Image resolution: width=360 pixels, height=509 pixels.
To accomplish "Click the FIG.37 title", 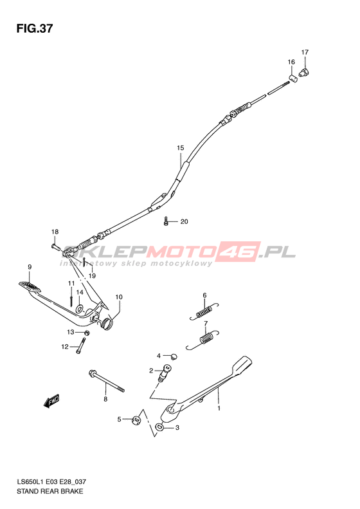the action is click(x=34, y=28).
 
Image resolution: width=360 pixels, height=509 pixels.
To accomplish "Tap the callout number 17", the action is click(x=305, y=52).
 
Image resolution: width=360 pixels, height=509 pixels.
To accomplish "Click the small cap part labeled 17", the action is click(x=304, y=72).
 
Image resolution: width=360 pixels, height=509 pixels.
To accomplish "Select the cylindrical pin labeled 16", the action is click(x=293, y=79).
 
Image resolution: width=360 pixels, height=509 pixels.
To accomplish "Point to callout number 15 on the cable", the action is click(x=181, y=148).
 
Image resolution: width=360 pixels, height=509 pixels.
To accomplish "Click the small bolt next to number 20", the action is click(x=166, y=221).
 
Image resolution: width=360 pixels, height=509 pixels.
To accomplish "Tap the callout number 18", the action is click(x=55, y=232).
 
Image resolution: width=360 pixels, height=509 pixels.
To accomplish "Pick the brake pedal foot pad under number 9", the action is click(x=30, y=286).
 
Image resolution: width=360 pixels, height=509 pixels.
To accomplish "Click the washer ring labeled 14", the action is click(x=80, y=309).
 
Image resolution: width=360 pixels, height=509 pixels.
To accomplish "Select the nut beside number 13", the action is click(x=87, y=333).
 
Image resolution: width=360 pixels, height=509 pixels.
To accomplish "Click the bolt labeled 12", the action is click(x=81, y=346).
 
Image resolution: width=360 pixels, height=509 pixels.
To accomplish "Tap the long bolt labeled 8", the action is click(x=105, y=382).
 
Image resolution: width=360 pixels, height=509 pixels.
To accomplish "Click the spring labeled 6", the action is click(x=204, y=311).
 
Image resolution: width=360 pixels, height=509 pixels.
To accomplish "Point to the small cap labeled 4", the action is click(x=174, y=356).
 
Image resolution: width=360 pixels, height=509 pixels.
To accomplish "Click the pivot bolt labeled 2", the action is click(x=165, y=373).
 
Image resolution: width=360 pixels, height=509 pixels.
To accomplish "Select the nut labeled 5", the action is click(x=136, y=420).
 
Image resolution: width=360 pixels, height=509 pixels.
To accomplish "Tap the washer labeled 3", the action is click(x=159, y=427).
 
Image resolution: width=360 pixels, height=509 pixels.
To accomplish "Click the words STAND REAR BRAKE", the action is click(x=50, y=491).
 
